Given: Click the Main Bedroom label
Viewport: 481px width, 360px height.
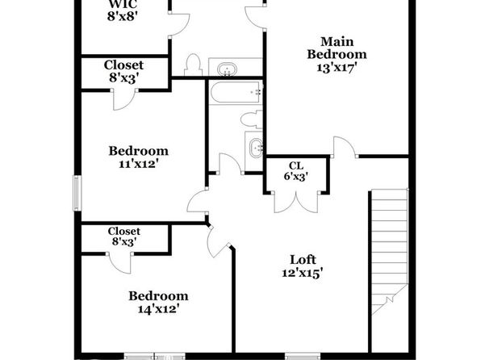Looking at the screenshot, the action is coord(337,48).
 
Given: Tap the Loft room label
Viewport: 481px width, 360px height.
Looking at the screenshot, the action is coord(303,260).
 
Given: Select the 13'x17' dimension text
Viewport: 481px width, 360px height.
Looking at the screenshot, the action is coord(337,67).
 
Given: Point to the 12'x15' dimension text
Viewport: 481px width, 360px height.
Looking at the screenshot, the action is coord(303,273).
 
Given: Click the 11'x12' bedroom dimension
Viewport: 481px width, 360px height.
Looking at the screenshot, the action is coord(140,164).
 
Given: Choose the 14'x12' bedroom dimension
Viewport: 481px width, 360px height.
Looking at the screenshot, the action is coord(158,309).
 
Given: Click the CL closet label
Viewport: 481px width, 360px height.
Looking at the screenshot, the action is coord(296,165).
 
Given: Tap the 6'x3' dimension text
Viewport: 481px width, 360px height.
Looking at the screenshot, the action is coord(295,177).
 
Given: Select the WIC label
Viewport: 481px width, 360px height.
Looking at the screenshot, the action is coord(123,5).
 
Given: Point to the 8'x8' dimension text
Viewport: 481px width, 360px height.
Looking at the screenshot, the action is coord(122,16).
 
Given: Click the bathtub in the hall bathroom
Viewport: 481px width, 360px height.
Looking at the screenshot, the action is coord(236,92).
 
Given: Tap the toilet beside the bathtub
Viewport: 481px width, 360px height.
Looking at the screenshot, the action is coord(252,119).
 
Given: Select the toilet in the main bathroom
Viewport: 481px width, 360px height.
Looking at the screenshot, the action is coord(193,65).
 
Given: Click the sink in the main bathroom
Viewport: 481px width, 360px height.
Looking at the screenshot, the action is coord(227,69).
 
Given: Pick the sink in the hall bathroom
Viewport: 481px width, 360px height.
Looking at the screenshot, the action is coord(256,149).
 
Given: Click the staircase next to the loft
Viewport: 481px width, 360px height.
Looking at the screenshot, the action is coord(390,252).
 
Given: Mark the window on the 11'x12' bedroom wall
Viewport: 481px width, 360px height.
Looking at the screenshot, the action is coord(77,193).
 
